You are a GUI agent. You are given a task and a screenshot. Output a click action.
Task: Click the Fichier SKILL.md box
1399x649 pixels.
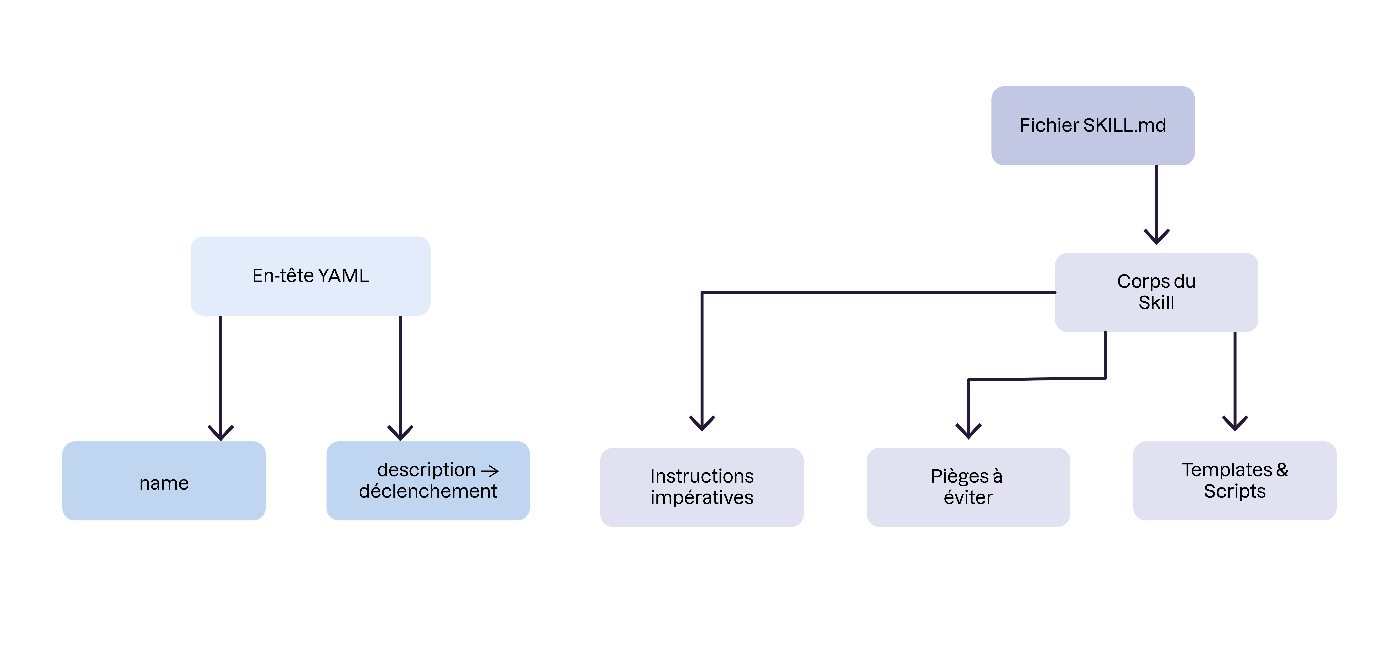click(1093, 125)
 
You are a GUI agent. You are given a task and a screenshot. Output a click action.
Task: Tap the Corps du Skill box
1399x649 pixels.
click(1156, 292)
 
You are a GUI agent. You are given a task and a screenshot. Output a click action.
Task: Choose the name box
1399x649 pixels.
click(164, 481)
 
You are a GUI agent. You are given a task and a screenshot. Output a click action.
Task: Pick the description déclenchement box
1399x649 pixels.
click(428, 481)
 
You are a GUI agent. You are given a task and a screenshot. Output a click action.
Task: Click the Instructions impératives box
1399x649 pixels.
click(702, 487)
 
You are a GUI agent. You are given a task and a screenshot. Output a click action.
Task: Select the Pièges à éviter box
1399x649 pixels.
click(968, 487)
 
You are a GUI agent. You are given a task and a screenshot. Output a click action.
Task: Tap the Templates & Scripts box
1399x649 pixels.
click(1235, 481)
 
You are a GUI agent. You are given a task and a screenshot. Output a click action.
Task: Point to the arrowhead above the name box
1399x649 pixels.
click(221, 433)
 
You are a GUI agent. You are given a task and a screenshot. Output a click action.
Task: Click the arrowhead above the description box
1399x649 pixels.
click(400, 433)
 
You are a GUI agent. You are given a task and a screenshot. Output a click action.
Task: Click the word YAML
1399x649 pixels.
click(344, 276)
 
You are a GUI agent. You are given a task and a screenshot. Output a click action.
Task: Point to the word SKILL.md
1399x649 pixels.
click(1124, 125)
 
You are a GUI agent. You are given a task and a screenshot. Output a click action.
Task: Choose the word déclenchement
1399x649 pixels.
click(428, 491)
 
